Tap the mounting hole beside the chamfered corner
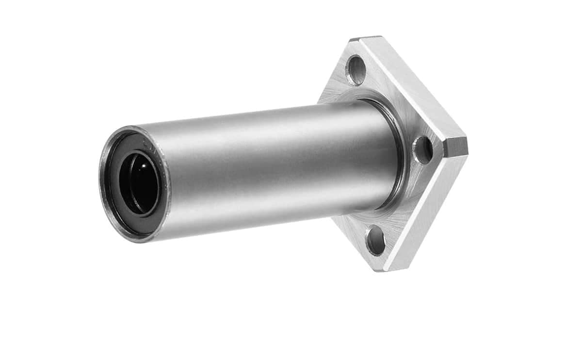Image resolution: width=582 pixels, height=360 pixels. click(x=422, y=150)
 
